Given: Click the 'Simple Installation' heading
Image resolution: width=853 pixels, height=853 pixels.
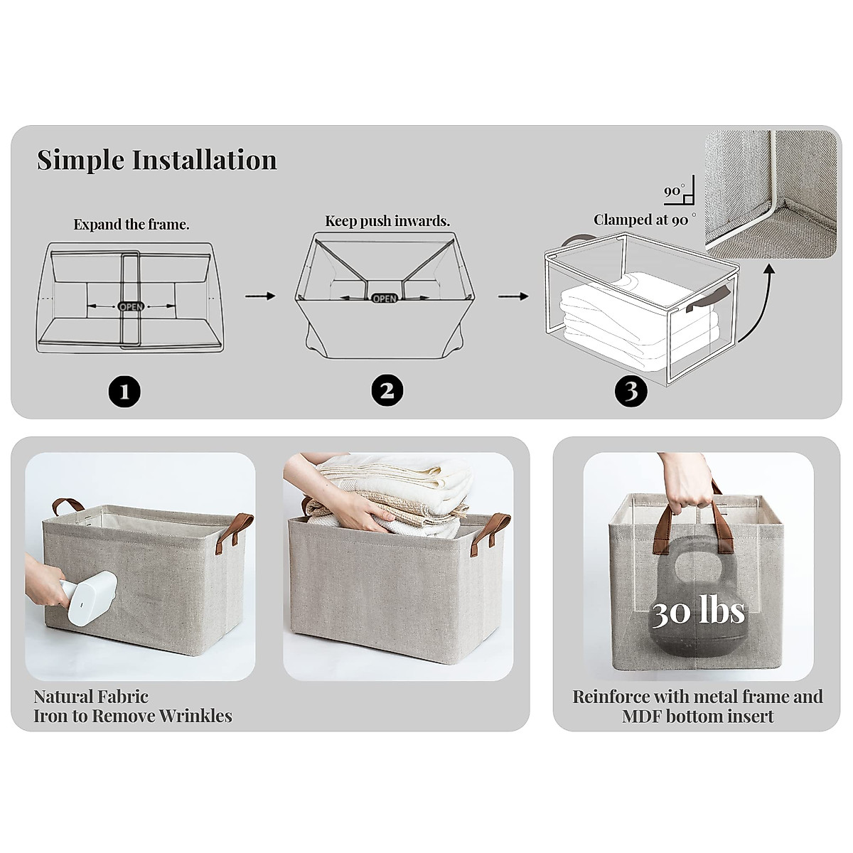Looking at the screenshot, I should click(157, 160).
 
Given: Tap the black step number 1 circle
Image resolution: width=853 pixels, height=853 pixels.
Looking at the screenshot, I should click(124, 390).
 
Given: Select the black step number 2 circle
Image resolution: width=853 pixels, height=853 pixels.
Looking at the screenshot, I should click(387, 390).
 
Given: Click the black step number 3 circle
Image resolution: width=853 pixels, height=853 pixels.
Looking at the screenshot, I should click(631, 390).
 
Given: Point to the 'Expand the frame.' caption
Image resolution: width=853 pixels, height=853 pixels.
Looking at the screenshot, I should click(132, 225).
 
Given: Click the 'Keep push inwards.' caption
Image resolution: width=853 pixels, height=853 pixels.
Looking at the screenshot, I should click(387, 221).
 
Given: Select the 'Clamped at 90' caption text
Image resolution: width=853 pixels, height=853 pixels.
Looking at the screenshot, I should click(641, 220).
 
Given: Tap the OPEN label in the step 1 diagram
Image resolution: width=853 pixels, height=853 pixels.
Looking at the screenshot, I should click(131, 306).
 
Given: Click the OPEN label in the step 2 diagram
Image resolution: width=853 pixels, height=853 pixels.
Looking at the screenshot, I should click(385, 299).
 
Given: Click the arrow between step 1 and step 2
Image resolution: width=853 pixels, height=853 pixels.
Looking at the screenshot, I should click(260, 296).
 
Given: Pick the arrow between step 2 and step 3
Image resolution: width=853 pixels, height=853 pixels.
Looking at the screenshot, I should click(513, 296).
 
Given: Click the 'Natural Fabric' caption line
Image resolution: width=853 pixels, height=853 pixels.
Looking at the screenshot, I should click(91, 697).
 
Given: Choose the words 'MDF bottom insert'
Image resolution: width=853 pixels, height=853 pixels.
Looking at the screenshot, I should click(698, 716).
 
